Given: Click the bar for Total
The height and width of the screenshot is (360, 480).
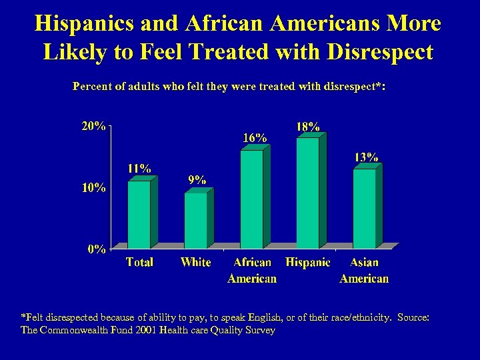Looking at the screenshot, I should click(139, 213).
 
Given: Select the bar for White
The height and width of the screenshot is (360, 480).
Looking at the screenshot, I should click(195, 220).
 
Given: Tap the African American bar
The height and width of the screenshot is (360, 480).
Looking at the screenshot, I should click(251, 199).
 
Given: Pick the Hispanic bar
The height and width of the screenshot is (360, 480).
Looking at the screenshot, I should click(307, 193).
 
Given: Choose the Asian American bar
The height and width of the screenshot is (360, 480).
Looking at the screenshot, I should click(364, 208).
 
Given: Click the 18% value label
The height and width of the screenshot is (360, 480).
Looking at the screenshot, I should click(307, 126).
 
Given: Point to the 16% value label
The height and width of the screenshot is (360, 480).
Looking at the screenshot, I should click(255, 137).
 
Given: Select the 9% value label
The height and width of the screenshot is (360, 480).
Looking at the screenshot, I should click(197, 179).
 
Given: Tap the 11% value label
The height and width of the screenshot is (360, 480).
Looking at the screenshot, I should click(139, 168).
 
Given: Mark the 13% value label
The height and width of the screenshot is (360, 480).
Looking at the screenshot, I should click(366, 157).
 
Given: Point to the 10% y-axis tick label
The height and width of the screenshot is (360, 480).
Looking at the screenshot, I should click(93, 187).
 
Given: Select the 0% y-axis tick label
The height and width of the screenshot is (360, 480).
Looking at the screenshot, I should click(96, 249).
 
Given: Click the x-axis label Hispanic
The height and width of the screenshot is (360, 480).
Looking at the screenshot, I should click(307, 263).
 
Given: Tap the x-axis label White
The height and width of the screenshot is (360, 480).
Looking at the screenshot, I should click(195, 263).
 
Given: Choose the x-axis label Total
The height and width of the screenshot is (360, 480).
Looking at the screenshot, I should click(139, 263).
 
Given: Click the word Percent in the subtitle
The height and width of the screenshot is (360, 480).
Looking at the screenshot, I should click(93, 87).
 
